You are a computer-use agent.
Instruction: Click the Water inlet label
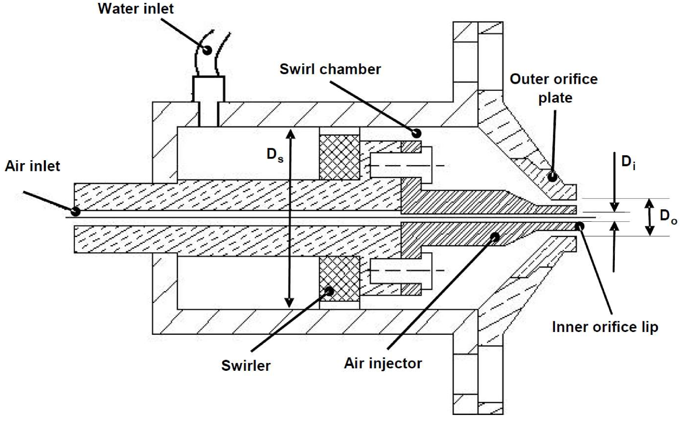(x=136, y=8)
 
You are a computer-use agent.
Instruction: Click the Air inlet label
(x=32, y=166)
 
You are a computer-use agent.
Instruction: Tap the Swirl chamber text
(x=330, y=69)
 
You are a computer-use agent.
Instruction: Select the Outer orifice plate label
(x=553, y=88)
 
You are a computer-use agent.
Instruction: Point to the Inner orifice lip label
(x=605, y=327)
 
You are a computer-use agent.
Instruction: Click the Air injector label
(x=383, y=363)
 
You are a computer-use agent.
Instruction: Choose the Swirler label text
(x=246, y=365)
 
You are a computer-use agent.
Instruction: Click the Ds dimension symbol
(x=275, y=155)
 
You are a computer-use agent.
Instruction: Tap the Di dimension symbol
(x=628, y=162)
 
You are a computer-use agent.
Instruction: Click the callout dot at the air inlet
(x=76, y=211)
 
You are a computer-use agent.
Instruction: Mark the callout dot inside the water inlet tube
(x=208, y=50)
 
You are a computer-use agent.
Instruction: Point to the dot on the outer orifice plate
(x=552, y=177)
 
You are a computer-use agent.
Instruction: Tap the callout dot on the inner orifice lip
(x=580, y=225)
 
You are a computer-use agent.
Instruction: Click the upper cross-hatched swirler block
(x=339, y=157)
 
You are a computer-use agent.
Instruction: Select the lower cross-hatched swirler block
(x=339, y=279)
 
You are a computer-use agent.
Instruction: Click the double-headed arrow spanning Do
(x=650, y=217)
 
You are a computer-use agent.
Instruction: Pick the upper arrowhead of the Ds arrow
(x=290, y=133)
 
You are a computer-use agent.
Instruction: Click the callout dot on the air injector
(x=495, y=237)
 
